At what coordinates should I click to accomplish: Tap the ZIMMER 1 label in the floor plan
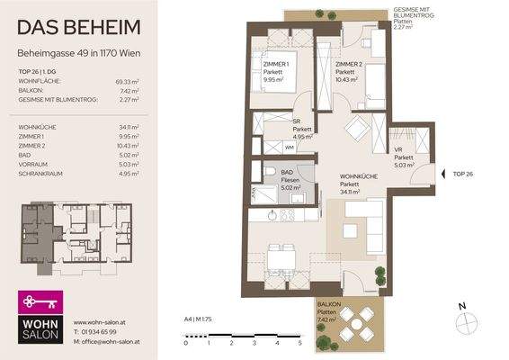pyautogui.click(x=273, y=65)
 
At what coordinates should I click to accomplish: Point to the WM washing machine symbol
pyautogui.click(x=290, y=146)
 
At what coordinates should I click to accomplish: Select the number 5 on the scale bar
pyautogui.click(x=299, y=344)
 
